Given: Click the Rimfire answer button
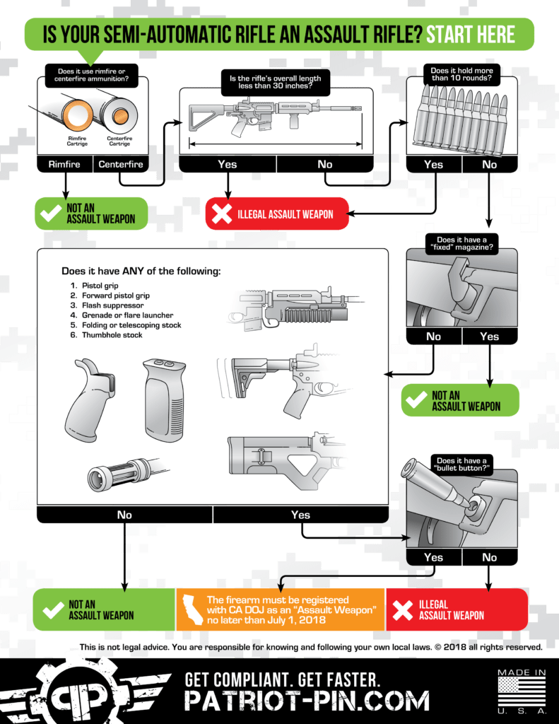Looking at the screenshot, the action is pos(64,164).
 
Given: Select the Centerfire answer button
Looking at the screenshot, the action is pos(121,164).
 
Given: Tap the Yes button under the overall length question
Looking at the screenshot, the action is pos(228,164).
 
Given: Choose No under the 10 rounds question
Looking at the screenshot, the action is pos(490,164).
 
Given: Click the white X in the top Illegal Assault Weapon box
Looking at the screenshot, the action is pos(222,214).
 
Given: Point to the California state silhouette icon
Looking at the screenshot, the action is pos(193,609).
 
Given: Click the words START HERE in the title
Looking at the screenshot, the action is pos(471,35).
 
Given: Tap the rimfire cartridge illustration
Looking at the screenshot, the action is pos(76,115).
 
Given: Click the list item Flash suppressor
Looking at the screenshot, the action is pos(112,305).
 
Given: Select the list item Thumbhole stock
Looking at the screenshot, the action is pos(112,334).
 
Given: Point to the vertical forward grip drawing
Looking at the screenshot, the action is pos(165,400).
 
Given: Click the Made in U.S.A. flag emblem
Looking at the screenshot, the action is pos(522,691).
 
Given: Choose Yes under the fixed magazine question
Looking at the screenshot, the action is pos(490,337).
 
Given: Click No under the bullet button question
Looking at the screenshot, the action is pos(490,557).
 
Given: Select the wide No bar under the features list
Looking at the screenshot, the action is pos(124,515).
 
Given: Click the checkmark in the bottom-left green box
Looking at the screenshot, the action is pos(53,610).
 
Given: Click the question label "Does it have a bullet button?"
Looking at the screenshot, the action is pos(461,464).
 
